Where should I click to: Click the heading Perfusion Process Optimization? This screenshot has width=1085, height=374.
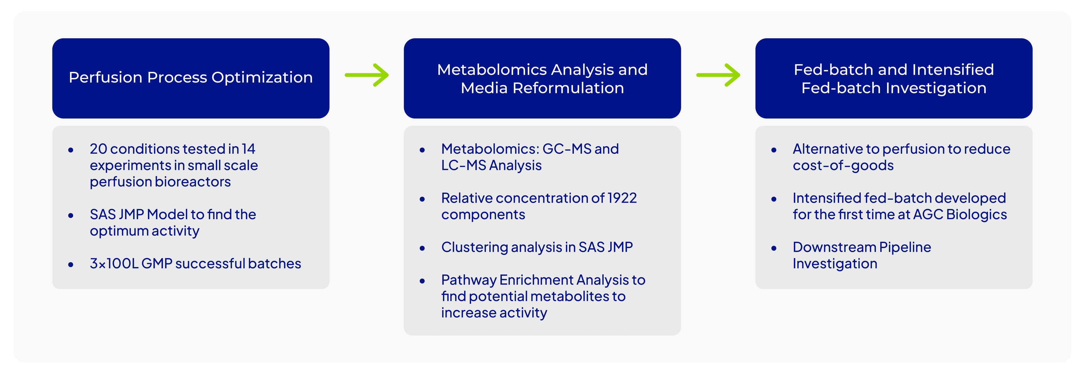coord(190,77)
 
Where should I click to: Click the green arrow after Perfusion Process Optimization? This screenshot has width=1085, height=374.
coord(367,75)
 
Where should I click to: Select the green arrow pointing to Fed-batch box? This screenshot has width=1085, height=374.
coord(718,75)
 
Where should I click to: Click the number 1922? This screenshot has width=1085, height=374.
coord(622,198)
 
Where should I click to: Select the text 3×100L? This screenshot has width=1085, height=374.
coord(114,264)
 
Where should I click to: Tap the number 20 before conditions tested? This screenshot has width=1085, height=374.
coord(99,149)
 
